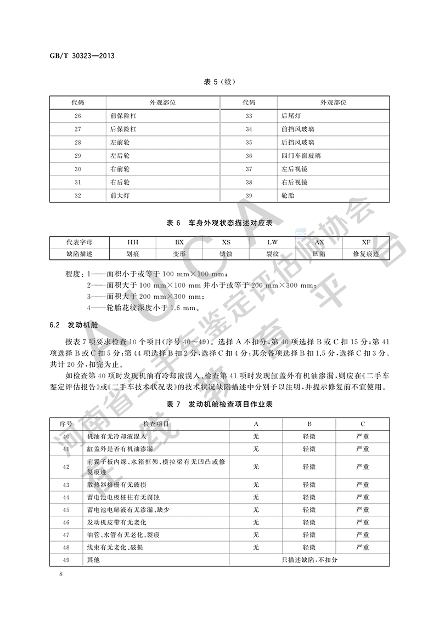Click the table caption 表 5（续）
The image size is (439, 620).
point(219,82)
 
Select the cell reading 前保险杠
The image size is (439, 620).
point(123,116)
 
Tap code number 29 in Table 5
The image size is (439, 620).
point(77,156)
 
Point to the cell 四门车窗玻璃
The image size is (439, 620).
point(300,156)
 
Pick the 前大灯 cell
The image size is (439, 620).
point(120,195)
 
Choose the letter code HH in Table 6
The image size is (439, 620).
point(133,242)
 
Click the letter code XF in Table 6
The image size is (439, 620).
point(366,242)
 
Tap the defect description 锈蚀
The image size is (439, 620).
point(226,254)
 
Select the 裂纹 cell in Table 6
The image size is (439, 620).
point(273,254)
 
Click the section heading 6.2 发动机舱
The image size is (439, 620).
point(72,325)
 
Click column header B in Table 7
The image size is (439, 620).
point(309,424)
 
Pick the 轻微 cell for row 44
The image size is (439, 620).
point(309,497)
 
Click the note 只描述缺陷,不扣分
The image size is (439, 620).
point(309,560)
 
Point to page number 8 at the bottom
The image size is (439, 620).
point(61,574)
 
